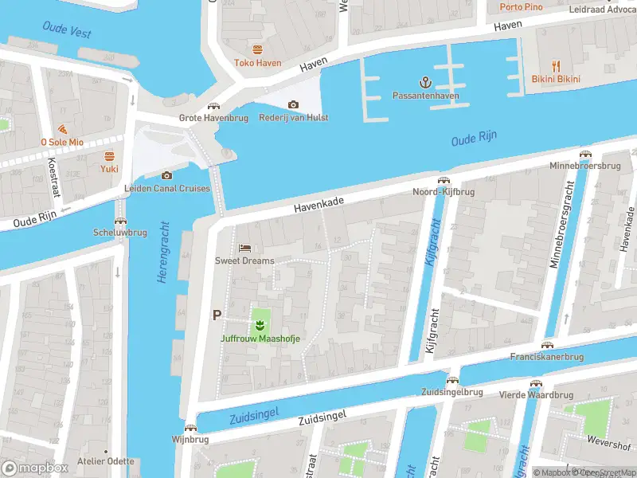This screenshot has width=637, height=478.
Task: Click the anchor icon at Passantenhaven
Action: (425, 82)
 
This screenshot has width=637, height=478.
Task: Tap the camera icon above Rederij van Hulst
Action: (293, 104)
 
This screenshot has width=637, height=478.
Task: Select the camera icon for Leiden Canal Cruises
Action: (166, 175)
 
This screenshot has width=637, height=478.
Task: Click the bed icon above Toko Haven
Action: (256, 49)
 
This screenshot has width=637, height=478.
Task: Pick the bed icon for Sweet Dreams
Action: (244, 247)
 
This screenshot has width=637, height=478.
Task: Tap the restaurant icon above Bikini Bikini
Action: (556, 66)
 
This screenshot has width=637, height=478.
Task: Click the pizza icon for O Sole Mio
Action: (62, 129)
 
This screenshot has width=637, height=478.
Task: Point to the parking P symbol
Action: (216, 315)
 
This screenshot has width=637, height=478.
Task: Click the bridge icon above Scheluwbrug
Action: (120, 220)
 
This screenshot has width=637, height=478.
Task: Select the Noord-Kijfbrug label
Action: (443, 192)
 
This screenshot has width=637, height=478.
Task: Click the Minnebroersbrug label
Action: (584, 166)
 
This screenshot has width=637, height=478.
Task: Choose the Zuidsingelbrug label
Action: (451, 392)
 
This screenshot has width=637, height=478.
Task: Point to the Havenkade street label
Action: (318, 205)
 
